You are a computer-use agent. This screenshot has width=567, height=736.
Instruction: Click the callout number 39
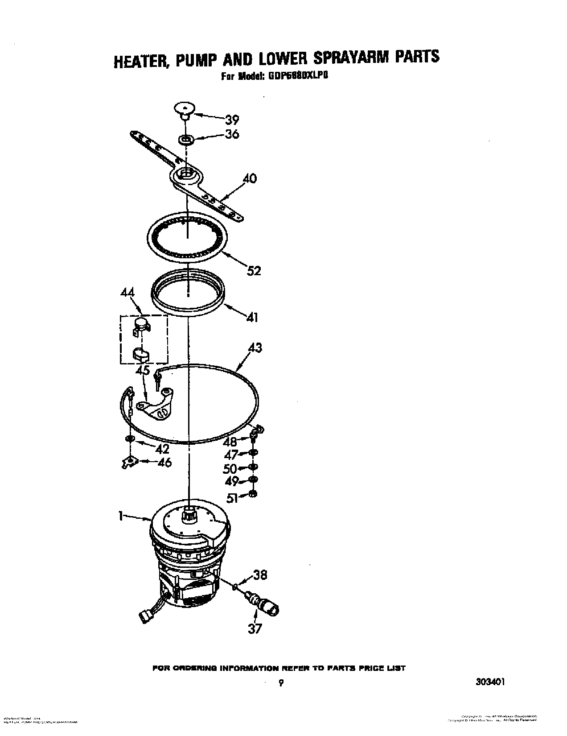[x=231, y=119]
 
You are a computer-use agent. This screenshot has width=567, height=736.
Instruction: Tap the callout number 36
[x=231, y=134]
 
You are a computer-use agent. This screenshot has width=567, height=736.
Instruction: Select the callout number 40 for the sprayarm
[x=249, y=178]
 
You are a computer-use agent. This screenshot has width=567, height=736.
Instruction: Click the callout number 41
[x=252, y=317]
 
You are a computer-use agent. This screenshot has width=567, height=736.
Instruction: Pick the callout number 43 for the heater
[x=254, y=347]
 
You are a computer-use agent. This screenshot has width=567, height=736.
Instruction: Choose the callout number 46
[x=164, y=462]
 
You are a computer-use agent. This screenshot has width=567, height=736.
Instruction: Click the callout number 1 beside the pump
[x=120, y=516]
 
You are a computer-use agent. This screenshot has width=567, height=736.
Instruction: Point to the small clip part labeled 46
[x=127, y=462]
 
